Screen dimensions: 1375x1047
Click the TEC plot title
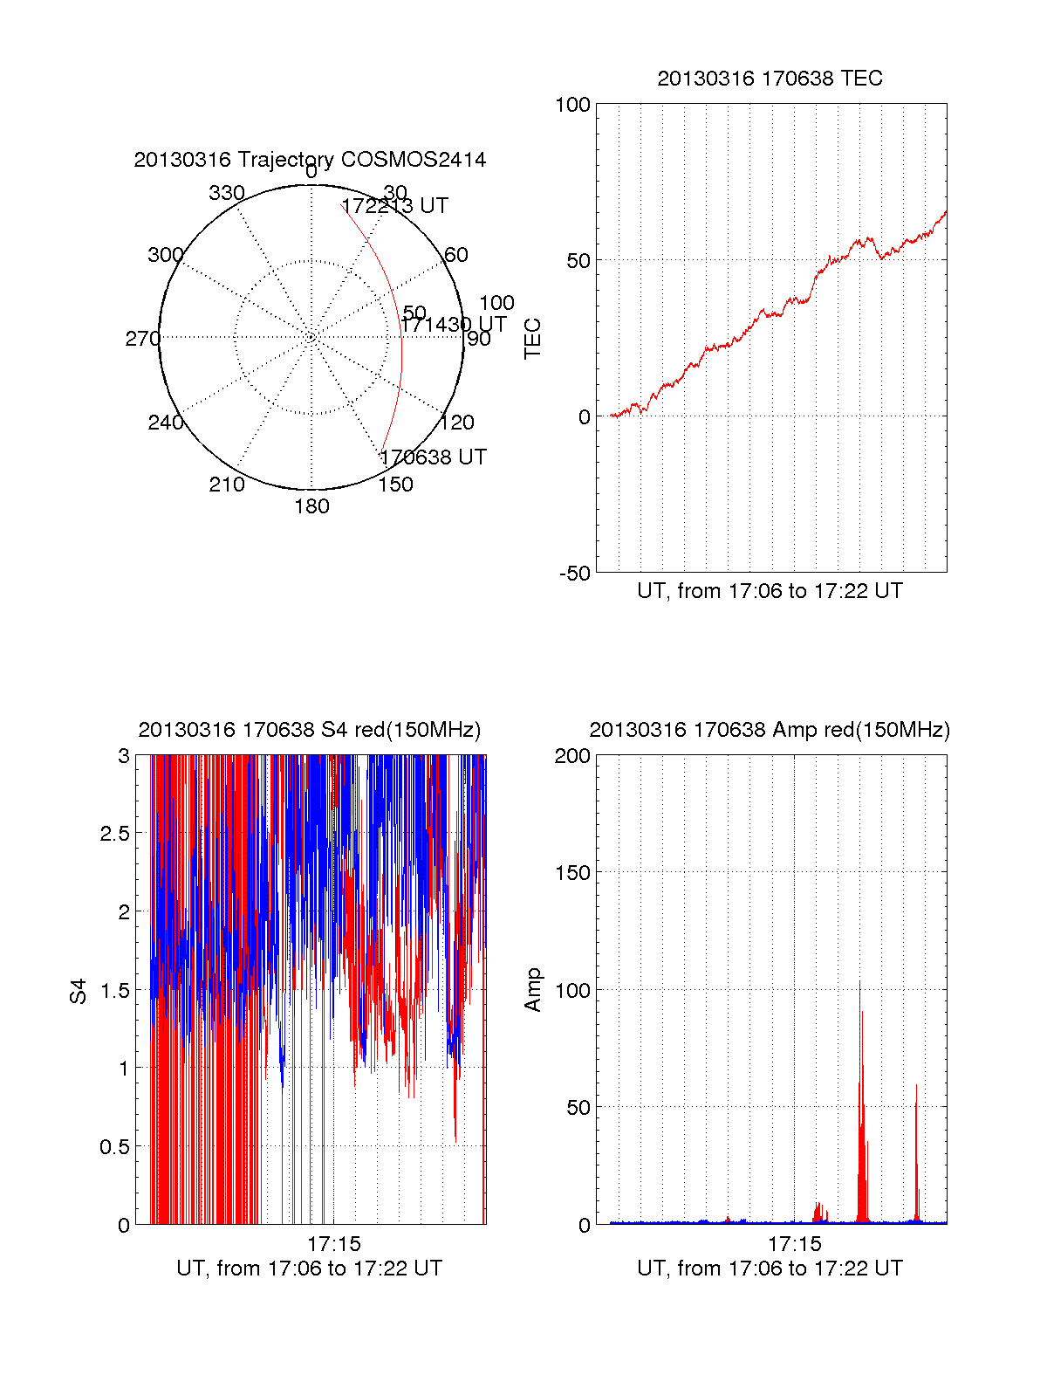[x=770, y=79]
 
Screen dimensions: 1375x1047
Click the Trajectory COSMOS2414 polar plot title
[x=310, y=160]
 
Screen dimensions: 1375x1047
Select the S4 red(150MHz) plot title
[x=310, y=730]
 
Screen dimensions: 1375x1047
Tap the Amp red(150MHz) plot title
[x=770, y=730]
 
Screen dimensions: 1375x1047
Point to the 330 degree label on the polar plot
[x=227, y=193]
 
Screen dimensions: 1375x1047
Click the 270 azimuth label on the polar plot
[x=142, y=339]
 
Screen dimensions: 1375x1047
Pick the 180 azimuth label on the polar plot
[x=311, y=506]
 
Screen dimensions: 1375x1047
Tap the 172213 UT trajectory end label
[x=394, y=206]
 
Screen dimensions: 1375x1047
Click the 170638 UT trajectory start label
[x=433, y=457]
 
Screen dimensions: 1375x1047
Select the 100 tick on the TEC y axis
[x=573, y=105]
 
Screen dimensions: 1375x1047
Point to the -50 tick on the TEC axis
[x=575, y=574]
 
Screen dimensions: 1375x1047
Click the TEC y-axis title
[x=532, y=339]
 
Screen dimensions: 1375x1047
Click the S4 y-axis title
[x=79, y=991]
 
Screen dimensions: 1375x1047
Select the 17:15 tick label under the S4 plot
[x=333, y=1244]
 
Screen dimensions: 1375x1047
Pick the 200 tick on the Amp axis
[x=573, y=756]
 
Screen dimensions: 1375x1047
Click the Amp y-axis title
[x=532, y=990]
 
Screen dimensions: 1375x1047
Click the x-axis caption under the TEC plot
[x=770, y=591]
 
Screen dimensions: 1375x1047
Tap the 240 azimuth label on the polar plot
[x=166, y=423]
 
